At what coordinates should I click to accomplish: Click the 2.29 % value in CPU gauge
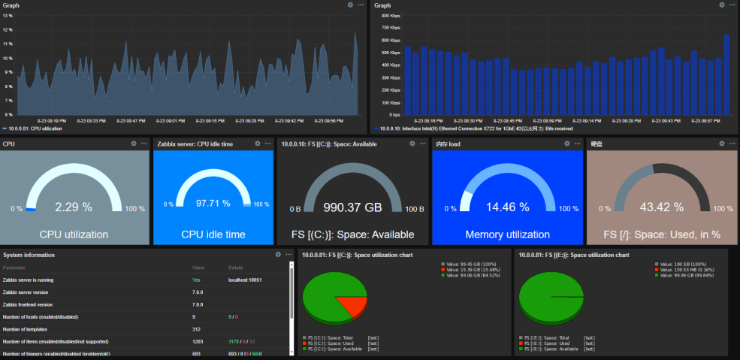pos(74,207)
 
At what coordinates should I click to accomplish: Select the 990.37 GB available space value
pos(353,207)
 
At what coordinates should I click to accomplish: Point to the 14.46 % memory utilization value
pos(508,207)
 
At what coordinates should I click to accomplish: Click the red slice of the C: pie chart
pos(351,304)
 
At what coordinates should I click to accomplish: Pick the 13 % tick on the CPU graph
pos(8,15)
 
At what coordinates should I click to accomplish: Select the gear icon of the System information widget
pos(278,255)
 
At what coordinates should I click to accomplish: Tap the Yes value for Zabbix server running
pos(196,280)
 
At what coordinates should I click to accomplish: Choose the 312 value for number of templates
pos(197,329)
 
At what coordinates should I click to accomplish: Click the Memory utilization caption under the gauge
pos(508,234)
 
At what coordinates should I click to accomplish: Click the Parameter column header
pos(14,268)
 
